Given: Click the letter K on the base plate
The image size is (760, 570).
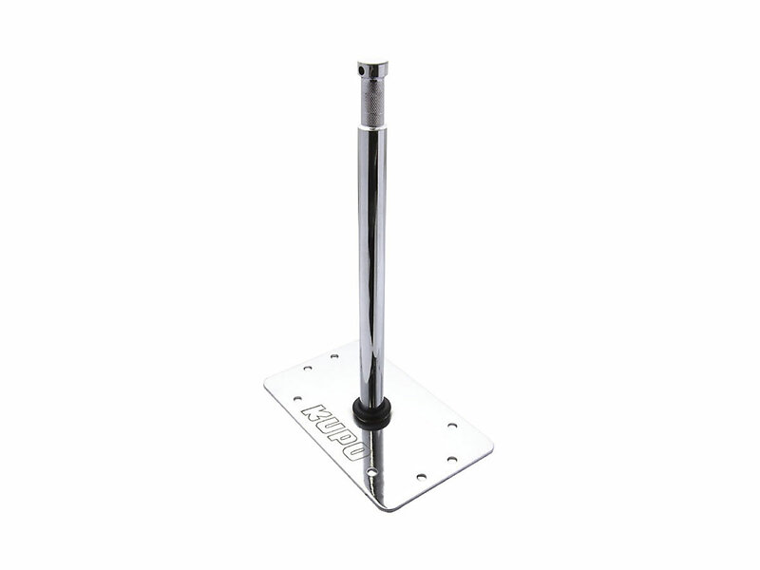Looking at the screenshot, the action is coord(315,412).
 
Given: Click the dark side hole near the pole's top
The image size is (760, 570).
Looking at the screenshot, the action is coord(361,71).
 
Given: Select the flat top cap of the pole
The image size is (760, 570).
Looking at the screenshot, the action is coord(372,65).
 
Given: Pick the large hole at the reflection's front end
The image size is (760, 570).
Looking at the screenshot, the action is coord(371,471).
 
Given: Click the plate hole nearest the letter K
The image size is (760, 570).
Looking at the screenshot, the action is coord(297,399).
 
